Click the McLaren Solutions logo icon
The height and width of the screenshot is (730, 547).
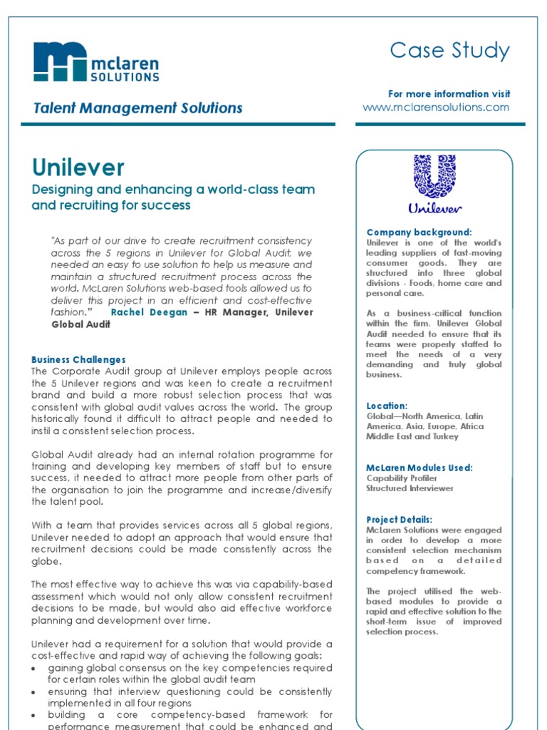61,61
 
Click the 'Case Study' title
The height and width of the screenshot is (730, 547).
449,51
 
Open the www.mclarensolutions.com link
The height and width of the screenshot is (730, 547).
436,107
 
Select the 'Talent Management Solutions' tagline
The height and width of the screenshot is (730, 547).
138,108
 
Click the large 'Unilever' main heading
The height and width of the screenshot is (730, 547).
78,168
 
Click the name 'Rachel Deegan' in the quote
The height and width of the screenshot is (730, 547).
150,312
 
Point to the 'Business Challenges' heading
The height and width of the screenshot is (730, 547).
78,360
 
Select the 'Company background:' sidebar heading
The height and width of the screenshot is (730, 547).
419,232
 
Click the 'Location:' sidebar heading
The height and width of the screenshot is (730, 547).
387,406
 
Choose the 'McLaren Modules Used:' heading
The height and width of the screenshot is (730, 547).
420,468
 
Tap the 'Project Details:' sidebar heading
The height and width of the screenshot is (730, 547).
399,520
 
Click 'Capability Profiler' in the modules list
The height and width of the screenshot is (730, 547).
402,478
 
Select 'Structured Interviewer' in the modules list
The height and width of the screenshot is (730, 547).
410,488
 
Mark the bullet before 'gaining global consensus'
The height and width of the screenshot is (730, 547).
36,669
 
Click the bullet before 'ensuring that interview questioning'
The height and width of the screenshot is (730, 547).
36,692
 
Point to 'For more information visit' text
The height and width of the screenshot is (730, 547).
449,94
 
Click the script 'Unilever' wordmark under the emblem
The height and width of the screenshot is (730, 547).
434,209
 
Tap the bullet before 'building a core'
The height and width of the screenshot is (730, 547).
36,715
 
